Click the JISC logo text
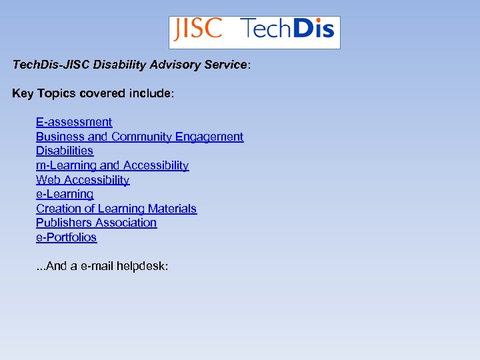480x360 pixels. (x=197, y=30)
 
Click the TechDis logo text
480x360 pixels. (x=287, y=30)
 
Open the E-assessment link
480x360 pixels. (x=74, y=122)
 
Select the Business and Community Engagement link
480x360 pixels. (x=139, y=137)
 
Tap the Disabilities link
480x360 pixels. (x=65, y=151)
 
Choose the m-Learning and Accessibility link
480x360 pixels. (x=112, y=165)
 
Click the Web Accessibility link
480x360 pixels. (x=83, y=180)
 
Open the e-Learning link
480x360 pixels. (x=65, y=194)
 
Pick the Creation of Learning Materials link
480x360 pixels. (x=116, y=209)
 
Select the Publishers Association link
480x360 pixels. (x=96, y=223)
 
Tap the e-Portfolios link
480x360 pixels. (x=66, y=237)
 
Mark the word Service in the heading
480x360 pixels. (x=225, y=65)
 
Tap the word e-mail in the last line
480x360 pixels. (x=97, y=266)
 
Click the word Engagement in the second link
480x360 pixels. (x=209, y=137)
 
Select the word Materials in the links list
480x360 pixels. (x=173, y=209)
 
